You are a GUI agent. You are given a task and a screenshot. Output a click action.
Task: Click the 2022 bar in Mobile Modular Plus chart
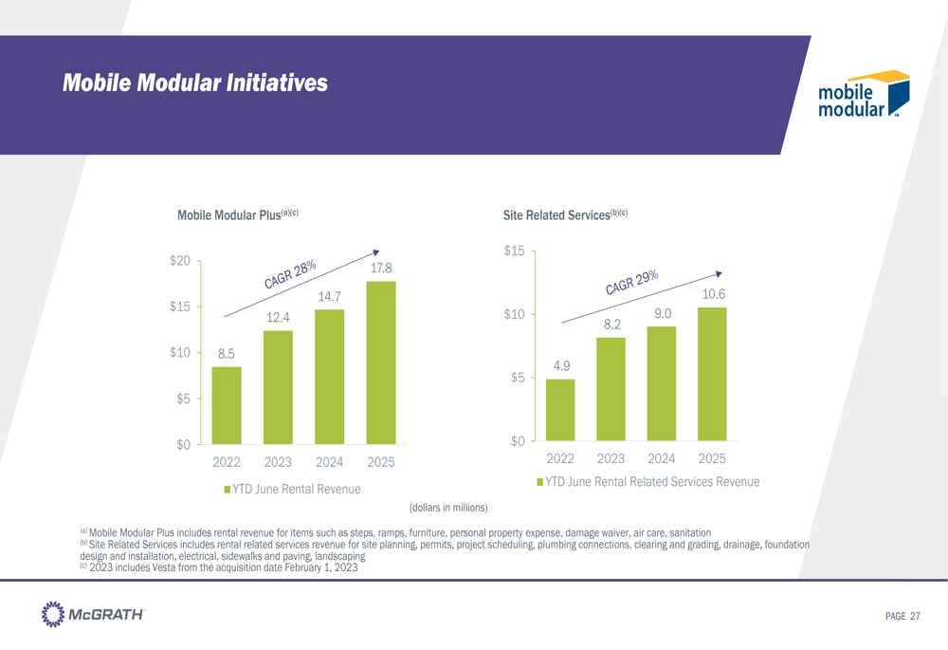pos(227,405)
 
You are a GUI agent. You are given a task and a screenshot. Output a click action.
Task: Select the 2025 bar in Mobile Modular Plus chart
pos(381,362)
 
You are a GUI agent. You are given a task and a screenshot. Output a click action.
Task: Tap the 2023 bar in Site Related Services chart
pos(611,389)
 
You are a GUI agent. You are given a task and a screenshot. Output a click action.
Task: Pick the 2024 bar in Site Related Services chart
pos(662,383)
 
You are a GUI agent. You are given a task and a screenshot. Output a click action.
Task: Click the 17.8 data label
pos(381,269)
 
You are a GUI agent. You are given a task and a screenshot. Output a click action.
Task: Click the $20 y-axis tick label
pos(181,261)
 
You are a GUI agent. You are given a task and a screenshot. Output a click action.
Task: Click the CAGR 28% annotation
pos(290,274)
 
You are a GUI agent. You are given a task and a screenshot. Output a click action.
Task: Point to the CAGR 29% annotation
pos(632,281)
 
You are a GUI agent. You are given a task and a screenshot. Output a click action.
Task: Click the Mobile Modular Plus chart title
pos(238,215)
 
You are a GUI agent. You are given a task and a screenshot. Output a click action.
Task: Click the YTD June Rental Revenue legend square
pos(228,489)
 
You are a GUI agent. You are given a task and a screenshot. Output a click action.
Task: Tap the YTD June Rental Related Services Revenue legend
pos(648,483)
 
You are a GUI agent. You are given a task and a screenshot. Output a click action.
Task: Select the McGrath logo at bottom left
pos(93,614)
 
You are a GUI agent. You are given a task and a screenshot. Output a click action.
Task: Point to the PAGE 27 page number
pos(902,617)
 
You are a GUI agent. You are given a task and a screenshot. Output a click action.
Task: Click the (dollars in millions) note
pos(448,509)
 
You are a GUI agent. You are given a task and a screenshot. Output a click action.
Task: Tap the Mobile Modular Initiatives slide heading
pos(194,84)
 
